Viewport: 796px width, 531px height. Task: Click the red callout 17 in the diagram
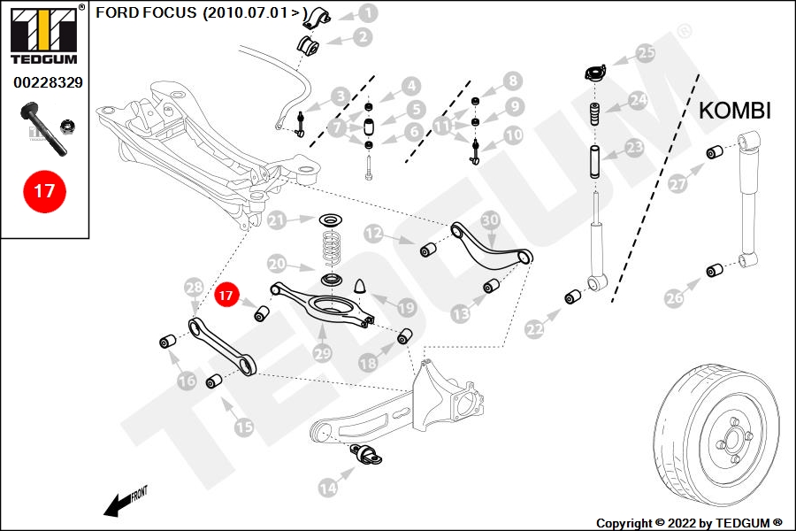tap(227, 294)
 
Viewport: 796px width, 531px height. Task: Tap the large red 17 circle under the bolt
tap(44, 190)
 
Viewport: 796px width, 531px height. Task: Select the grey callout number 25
tap(647, 53)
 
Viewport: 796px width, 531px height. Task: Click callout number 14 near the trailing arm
tap(328, 486)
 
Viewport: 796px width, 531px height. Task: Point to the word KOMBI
tap(735, 111)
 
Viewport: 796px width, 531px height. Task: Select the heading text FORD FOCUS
tap(146, 13)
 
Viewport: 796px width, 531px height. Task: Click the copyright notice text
tap(689, 523)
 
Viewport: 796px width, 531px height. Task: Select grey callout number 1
tap(367, 13)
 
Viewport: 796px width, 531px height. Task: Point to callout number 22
tap(535, 329)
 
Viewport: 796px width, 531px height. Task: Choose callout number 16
tap(187, 381)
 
